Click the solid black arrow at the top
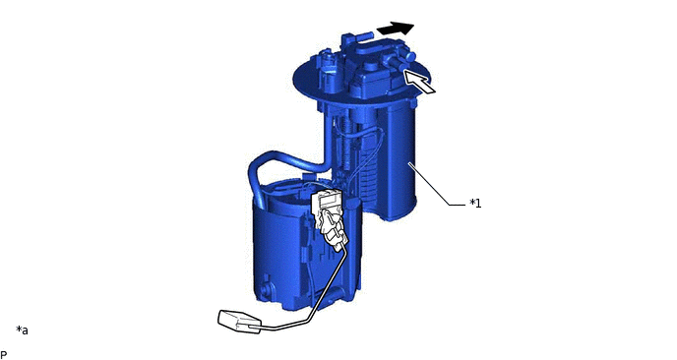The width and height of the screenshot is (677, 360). (395, 29)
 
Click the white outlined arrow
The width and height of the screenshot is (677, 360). (419, 82)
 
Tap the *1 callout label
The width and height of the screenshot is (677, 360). (475, 203)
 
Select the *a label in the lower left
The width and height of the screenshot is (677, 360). (22, 330)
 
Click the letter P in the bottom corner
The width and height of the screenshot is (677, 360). (4, 354)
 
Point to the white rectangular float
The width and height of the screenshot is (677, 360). (239, 322)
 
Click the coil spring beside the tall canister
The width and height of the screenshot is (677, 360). (346, 143)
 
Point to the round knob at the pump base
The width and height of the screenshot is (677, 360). (267, 288)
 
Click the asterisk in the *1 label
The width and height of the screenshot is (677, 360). (472, 202)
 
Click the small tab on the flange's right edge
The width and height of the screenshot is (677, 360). (413, 103)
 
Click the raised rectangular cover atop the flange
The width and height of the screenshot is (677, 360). (371, 78)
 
